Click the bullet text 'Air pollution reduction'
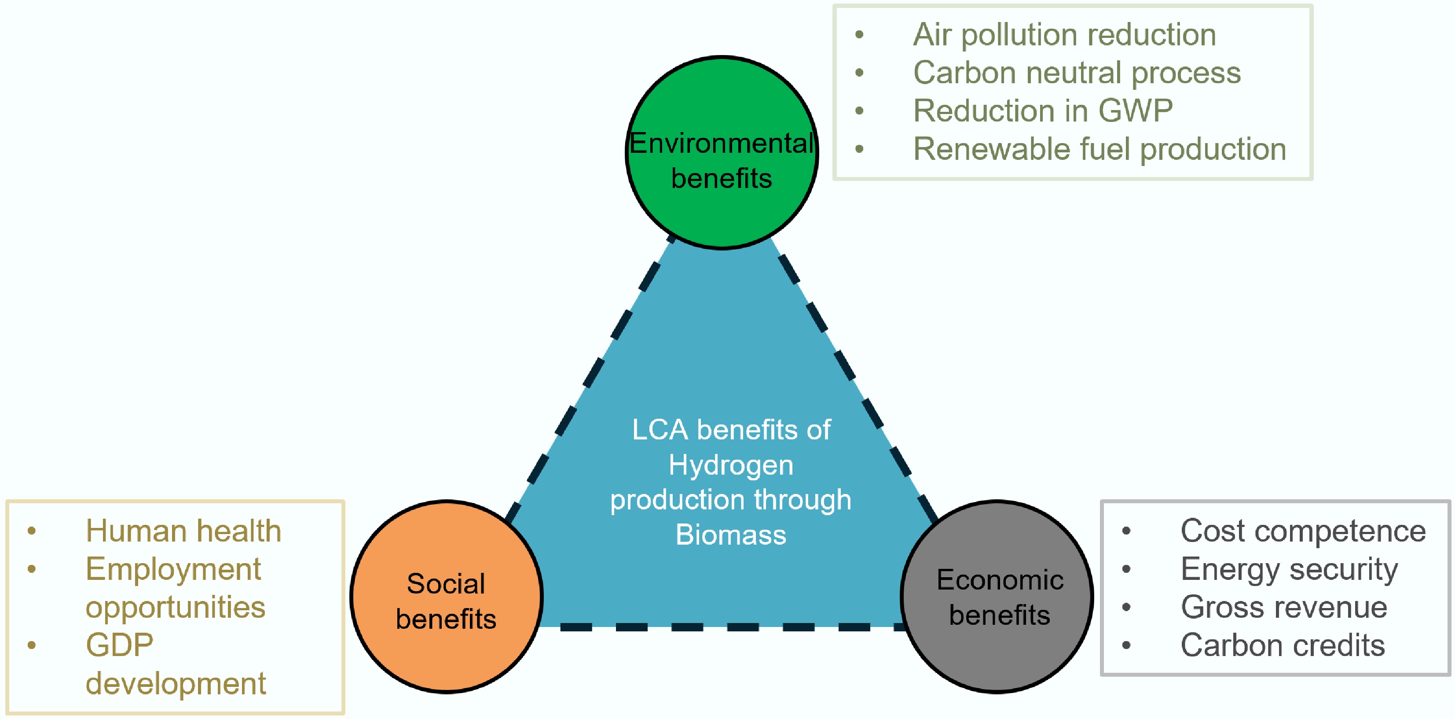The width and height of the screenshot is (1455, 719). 1064,35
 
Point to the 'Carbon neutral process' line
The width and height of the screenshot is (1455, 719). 1077,73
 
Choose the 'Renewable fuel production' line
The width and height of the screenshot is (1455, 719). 1099,149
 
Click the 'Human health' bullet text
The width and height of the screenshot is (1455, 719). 183,531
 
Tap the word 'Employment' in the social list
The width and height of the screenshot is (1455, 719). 173,569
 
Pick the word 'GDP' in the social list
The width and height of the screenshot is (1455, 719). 119,645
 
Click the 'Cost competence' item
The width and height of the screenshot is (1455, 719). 1302,531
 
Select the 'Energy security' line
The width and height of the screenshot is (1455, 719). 1289,569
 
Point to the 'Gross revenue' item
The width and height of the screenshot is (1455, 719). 1283,608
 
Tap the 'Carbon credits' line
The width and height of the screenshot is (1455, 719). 1282,645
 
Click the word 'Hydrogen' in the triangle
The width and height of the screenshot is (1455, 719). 731,466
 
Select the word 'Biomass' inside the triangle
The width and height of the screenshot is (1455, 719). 731,535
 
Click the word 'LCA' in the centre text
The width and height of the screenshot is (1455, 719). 660,430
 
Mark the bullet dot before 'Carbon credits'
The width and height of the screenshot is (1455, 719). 1126,645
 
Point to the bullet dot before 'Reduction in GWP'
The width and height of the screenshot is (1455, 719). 859,111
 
